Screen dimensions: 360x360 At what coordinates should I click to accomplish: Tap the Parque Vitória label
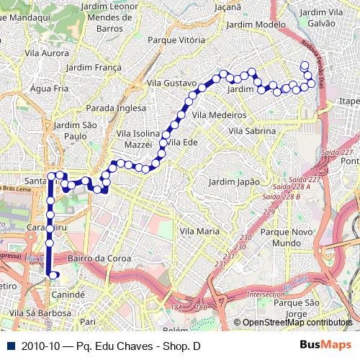pyautogui.click(x=176, y=40)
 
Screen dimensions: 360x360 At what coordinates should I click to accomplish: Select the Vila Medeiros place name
pyautogui.click(x=219, y=114)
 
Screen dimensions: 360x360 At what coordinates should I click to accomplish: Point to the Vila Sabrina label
pyautogui.click(x=251, y=131)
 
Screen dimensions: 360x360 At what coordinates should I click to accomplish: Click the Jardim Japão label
pyautogui.click(x=234, y=182)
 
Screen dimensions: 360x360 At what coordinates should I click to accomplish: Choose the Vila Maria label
pyautogui.click(x=199, y=231)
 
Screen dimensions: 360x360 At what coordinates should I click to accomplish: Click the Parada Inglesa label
pyautogui.click(x=115, y=107)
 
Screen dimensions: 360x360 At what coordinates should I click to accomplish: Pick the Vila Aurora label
pyautogui.click(x=46, y=53)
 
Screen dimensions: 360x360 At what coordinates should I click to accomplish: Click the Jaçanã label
pyautogui.click(x=228, y=7)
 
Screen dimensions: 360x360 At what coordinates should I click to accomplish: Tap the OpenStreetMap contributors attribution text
pyautogui.click(x=297, y=323)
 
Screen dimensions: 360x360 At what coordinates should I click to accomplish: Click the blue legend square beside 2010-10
pyautogui.click(x=9, y=346)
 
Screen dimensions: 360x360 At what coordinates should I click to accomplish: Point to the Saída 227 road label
pyautogui.click(x=338, y=152)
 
